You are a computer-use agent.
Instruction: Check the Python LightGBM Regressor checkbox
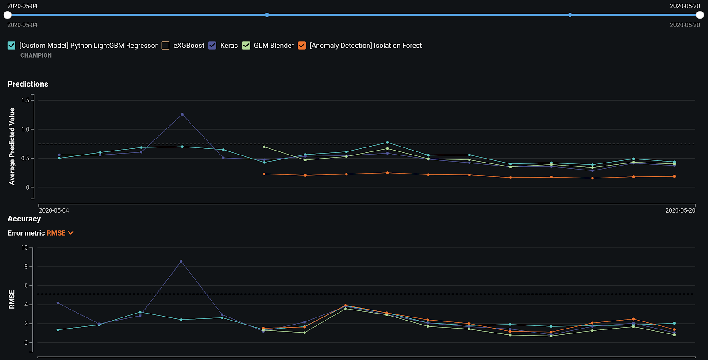point(12,46)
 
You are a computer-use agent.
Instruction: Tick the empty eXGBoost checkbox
point(165,46)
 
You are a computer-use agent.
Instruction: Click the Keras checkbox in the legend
point(212,46)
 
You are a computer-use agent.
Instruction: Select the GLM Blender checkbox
point(246,46)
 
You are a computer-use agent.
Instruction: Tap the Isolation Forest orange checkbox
point(302,46)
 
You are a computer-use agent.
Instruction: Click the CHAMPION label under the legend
point(36,55)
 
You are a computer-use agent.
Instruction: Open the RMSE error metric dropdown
point(60,233)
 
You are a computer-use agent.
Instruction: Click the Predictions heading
point(28,84)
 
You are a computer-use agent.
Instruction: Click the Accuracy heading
point(24,219)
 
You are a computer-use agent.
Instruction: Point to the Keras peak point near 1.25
point(182,114)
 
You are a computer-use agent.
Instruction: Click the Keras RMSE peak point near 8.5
point(181,262)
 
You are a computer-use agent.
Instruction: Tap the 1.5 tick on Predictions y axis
point(25,101)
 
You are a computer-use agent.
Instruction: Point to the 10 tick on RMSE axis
point(24,248)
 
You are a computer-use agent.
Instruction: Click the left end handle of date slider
point(8,15)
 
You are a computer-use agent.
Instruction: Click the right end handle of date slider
point(700,15)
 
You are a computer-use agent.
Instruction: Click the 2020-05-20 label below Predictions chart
point(680,210)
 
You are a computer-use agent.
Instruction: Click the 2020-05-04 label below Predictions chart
point(54,210)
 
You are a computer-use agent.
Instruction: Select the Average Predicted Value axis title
point(12,146)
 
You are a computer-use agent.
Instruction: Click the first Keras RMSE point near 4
point(58,303)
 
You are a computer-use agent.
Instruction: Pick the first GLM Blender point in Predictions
point(264,147)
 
